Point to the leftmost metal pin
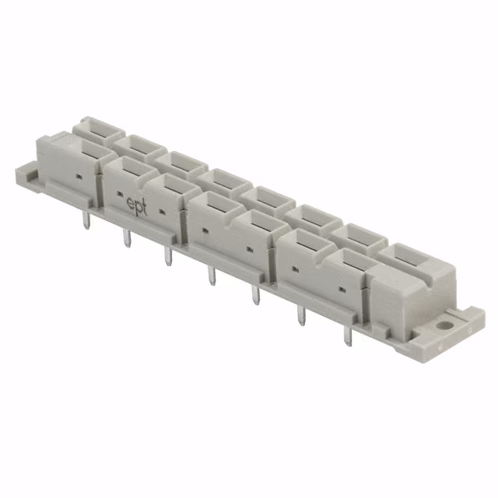(x=85, y=223)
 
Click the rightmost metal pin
(x=348, y=338)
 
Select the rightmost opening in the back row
(x=405, y=254)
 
